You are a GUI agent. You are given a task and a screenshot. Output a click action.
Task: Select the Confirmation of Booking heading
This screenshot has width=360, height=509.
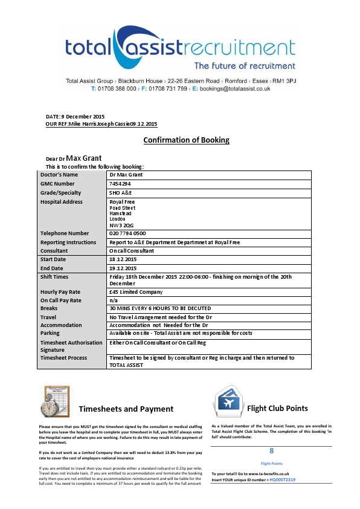(186, 140)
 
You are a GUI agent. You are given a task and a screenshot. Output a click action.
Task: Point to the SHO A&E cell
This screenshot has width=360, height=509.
(124, 193)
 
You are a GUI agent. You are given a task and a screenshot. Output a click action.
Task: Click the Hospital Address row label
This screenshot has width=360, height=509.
(61, 202)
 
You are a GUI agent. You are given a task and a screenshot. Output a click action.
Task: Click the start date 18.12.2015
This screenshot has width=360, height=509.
(123, 259)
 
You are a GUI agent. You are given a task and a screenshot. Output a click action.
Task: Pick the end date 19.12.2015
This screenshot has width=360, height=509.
(123, 268)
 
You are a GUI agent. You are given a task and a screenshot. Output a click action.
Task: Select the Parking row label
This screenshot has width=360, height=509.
(51, 332)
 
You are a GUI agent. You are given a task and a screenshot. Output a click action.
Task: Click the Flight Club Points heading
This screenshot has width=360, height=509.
(277, 408)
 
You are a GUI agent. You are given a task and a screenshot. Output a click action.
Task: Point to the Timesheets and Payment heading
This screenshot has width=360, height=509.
(126, 409)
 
